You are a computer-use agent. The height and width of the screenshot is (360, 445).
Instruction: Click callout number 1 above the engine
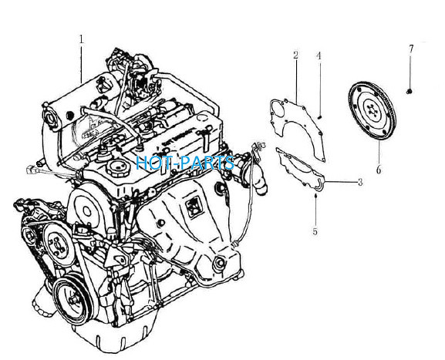[82, 39]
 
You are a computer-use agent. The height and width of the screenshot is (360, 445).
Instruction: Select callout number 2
[295, 55]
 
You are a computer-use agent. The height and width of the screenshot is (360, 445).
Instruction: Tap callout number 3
[360, 182]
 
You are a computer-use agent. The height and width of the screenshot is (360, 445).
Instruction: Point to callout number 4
[319, 56]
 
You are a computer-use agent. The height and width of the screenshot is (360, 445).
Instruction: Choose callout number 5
[315, 231]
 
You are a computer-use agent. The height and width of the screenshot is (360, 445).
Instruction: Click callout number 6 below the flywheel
[379, 170]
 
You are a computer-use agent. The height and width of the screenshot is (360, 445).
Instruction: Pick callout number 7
[411, 49]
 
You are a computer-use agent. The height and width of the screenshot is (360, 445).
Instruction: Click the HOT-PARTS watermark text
[185, 163]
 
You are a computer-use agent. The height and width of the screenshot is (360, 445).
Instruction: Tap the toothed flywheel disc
[372, 111]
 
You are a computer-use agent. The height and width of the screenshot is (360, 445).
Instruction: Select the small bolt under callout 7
[409, 91]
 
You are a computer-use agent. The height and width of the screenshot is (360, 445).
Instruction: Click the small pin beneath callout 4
[319, 116]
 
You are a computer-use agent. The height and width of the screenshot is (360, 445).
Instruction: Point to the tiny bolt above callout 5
[315, 196]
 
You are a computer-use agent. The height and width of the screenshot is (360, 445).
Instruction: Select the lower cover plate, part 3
[300, 170]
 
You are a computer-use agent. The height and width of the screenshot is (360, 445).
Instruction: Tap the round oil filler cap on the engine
[116, 168]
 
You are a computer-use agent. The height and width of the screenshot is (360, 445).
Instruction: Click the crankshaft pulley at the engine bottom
[72, 300]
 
